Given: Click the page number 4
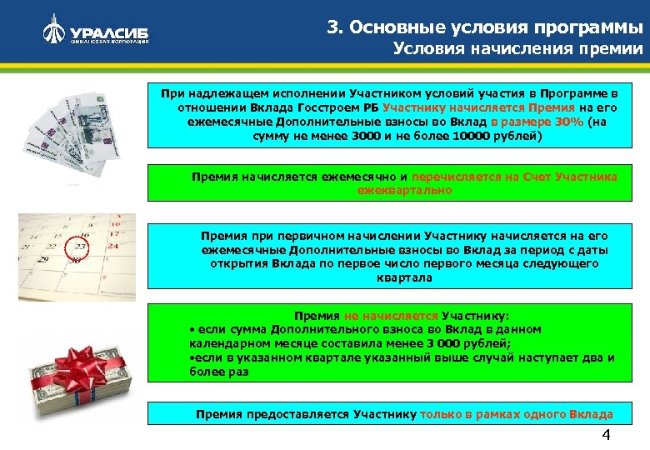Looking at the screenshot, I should (606, 437).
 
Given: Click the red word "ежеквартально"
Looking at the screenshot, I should (405, 190).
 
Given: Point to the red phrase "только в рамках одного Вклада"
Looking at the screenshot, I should (517, 413).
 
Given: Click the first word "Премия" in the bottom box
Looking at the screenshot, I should (219, 413).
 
